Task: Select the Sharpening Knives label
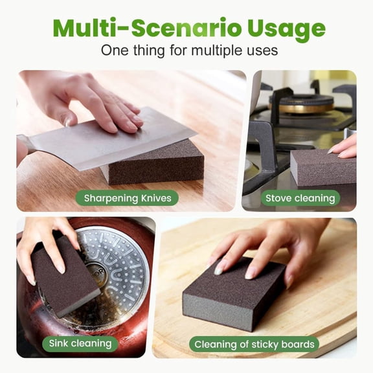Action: [x=127, y=197]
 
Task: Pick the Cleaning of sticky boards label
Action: [x=254, y=344]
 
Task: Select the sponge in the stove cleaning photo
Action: [x=321, y=167]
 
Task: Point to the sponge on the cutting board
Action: [x=233, y=295]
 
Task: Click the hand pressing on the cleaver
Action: [x=97, y=97]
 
